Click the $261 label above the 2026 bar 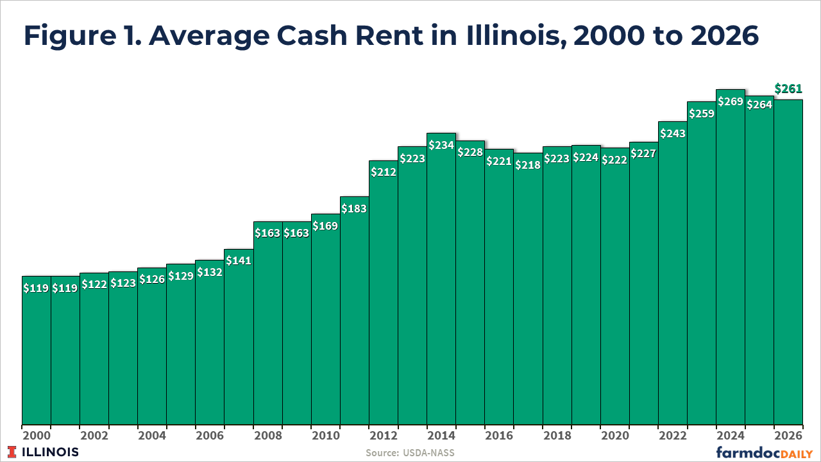(x=788, y=89)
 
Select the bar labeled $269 (x=731, y=257)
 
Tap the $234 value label (x=441, y=145)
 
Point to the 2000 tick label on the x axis (x=37, y=436)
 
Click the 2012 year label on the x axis (x=384, y=436)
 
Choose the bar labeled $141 (x=239, y=337)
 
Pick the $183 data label (x=354, y=209)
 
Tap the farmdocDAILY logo (x=764, y=453)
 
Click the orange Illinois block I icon (x=12, y=452)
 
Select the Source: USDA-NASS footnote (x=410, y=453)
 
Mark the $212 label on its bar (x=384, y=172)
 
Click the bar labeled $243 (x=673, y=273)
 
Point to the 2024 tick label (x=731, y=436)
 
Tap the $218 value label (x=528, y=165)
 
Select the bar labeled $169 (x=325, y=320)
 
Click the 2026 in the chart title (x=724, y=35)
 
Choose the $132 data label (x=210, y=272)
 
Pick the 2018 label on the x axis (x=557, y=436)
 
